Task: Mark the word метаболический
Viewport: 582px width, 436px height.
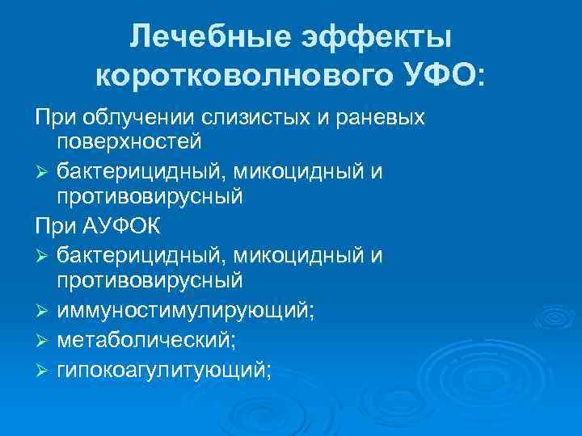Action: (x=146, y=340)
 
